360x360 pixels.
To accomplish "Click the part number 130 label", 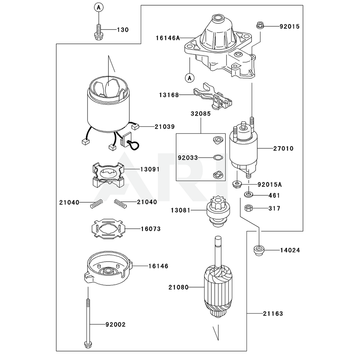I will pos(122,30).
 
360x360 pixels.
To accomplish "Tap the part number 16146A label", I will pos(167,37).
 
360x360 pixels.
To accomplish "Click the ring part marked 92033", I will pos(218,157).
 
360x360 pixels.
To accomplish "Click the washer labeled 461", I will pos(248,195).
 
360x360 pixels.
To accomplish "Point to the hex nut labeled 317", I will pos(248,208).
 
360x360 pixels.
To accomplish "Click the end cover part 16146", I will pos(107,268).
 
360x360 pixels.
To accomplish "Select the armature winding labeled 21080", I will pos(217,288).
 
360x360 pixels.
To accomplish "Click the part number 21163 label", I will pos(273,314).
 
